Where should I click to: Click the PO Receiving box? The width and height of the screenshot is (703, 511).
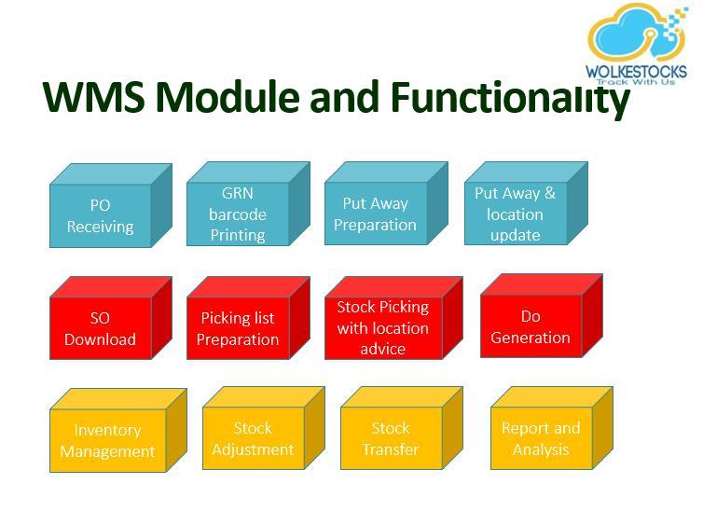pyautogui.click(x=111, y=205)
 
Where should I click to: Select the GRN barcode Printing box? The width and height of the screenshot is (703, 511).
pyautogui.click(x=248, y=204)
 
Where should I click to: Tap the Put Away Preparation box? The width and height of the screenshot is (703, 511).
pyautogui.click(x=386, y=203)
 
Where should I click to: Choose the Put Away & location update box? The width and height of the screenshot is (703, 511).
pyautogui.click(x=526, y=203)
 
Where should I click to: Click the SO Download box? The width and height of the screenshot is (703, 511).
pyautogui.click(x=111, y=318)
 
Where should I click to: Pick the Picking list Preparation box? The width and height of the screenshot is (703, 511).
pyautogui.click(x=248, y=318)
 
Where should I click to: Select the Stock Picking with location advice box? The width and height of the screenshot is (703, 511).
pyautogui.click(x=393, y=318)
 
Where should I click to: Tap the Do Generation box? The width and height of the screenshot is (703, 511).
pyautogui.click(x=542, y=316)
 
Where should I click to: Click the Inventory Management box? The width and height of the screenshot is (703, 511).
pyautogui.click(x=118, y=430)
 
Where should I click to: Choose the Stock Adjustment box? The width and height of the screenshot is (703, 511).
pyautogui.click(x=264, y=428)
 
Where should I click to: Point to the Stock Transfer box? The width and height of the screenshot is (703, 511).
pyautogui.click(x=402, y=428)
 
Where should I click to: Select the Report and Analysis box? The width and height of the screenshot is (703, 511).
pyautogui.click(x=552, y=428)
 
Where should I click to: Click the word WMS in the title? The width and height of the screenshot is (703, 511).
pyautogui.click(x=94, y=97)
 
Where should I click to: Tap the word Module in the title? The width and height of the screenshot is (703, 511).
pyautogui.click(x=227, y=97)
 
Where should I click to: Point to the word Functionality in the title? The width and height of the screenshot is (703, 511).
pyautogui.click(x=510, y=100)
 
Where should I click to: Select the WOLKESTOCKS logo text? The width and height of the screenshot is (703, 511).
pyautogui.click(x=636, y=71)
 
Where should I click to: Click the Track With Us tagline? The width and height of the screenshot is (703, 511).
pyautogui.click(x=636, y=81)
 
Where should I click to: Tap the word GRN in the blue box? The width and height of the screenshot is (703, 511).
pyautogui.click(x=237, y=193)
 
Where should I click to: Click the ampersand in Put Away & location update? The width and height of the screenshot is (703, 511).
pyautogui.click(x=550, y=193)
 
